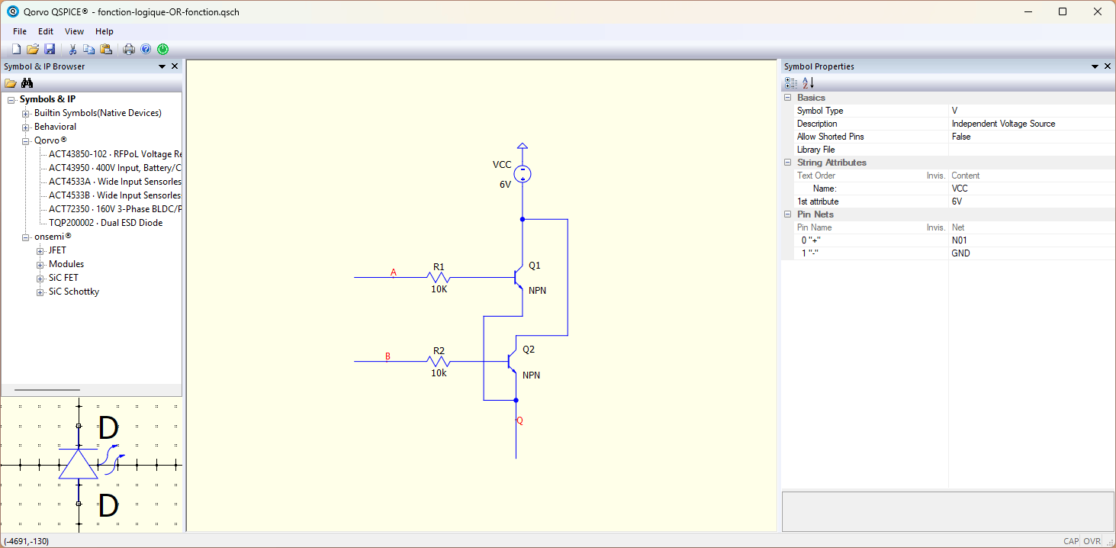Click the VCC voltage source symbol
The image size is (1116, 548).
click(x=522, y=174)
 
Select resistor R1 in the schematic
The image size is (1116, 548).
click(x=439, y=277)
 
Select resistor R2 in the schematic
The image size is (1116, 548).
click(x=439, y=362)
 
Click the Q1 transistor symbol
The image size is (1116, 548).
click(x=519, y=277)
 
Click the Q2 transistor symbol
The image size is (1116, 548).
click(x=512, y=362)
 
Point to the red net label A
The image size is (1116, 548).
click(x=393, y=272)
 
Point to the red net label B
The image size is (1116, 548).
click(x=388, y=356)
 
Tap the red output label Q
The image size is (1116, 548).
click(x=519, y=421)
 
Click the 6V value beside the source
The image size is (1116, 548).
click(x=505, y=185)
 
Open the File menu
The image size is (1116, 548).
click(x=20, y=31)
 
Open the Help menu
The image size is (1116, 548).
click(x=105, y=31)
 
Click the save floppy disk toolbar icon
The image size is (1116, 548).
click(x=50, y=49)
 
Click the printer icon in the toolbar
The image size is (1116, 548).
click(x=129, y=49)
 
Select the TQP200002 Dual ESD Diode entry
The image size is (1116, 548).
click(x=105, y=223)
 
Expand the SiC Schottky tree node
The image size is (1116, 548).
click(x=40, y=292)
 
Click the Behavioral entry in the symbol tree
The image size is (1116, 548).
click(x=55, y=127)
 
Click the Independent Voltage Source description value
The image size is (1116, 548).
click(x=1003, y=124)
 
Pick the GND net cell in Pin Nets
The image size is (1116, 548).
click(x=960, y=253)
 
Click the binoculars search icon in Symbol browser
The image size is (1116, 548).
click(x=27, y=82)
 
